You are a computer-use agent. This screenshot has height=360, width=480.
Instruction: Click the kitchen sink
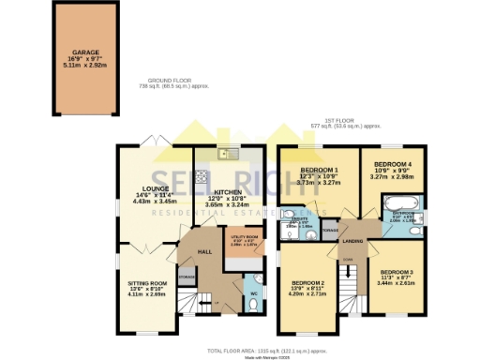tap(225, 154)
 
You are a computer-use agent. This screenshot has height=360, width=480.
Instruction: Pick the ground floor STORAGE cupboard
tap(186, 277)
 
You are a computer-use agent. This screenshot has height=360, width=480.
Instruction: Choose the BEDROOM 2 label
tap(307, 283)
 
